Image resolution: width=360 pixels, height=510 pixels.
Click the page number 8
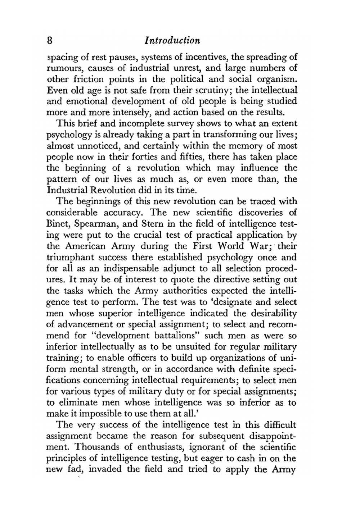pyautogui.click(x=50, y=40)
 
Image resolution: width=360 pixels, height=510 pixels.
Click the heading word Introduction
pyautogui.click(x=172, y=40)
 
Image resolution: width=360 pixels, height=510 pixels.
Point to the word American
pyautogui.click(x=85, y=246)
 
